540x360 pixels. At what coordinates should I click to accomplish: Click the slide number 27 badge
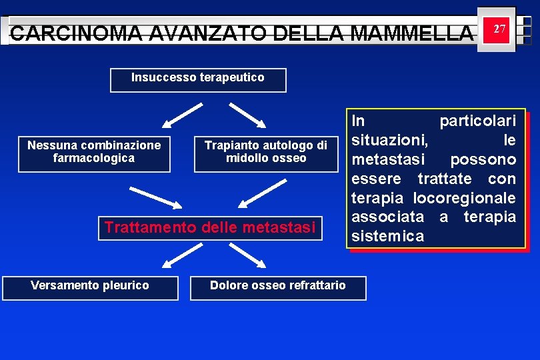pos(496,29)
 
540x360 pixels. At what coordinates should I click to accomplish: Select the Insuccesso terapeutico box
pos(198,79)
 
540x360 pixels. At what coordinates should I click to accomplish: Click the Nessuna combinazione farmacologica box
pos(94,153)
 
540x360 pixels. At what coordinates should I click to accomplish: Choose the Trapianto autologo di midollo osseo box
pos(266,153)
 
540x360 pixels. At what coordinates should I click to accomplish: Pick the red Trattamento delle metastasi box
pos(210,228)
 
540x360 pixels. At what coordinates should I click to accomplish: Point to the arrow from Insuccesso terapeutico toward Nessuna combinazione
pos(183,115)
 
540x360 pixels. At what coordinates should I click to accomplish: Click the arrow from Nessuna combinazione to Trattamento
pos(155,198)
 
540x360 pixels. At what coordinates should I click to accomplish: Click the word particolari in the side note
pos(477,121)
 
